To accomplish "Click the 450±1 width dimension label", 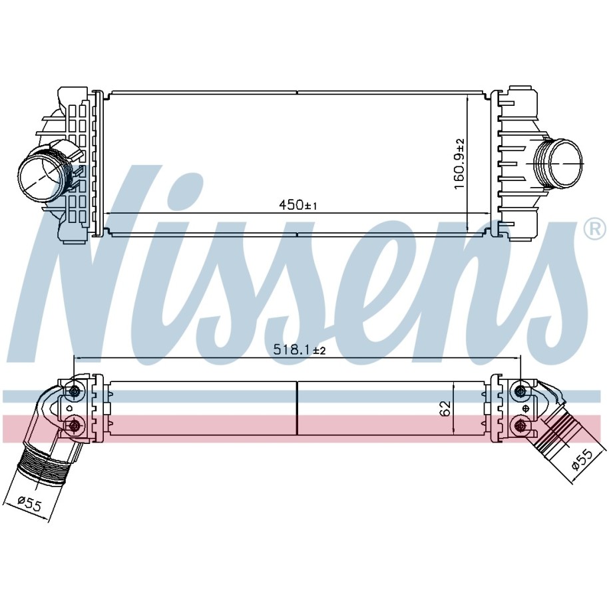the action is tap(298, 204).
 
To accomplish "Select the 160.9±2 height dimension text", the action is tap(459, 164).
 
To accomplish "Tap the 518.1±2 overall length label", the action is tap(299, 350).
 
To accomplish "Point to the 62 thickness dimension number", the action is tap(445, 408).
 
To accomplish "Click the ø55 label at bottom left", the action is tap(30, 504).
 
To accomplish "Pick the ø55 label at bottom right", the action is tap(582, 460).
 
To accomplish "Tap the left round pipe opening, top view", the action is tap(40, 176).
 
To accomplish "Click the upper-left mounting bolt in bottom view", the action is tap(74, 392).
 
